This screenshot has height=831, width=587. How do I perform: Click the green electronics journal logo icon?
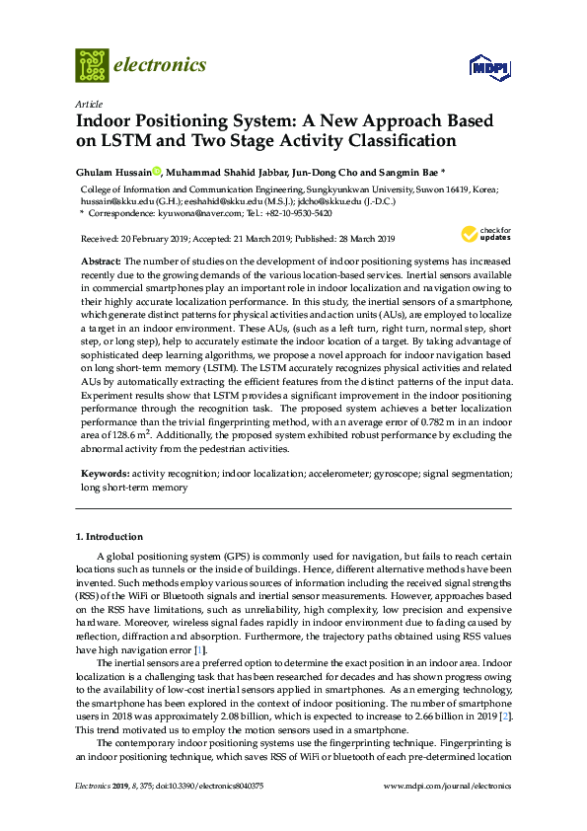tap(92, 65)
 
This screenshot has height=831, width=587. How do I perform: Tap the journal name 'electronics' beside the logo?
tap(161, 65)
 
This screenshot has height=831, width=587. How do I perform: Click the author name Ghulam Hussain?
tap(113, 171)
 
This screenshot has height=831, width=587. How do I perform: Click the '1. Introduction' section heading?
tap(110, 537)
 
